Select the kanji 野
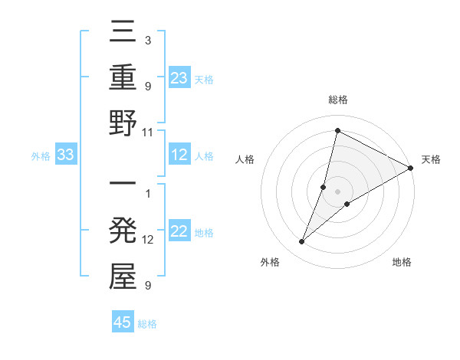click(123, 125)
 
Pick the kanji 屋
click(123, 277)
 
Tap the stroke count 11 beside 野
click(148, 132)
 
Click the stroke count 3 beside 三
click(147, 40)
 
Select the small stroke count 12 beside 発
click(148, 240)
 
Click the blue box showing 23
click(179, 77)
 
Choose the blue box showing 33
click(65, 155)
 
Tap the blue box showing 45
click(123, 322)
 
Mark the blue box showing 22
click(179, 232)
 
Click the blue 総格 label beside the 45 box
click(147, 324)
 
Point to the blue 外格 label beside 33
click(41, 156)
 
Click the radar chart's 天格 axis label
click(431, 159)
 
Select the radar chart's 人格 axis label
click(245, 159)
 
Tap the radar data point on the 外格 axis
click(302, 242)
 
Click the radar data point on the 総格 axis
click(337, 129)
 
